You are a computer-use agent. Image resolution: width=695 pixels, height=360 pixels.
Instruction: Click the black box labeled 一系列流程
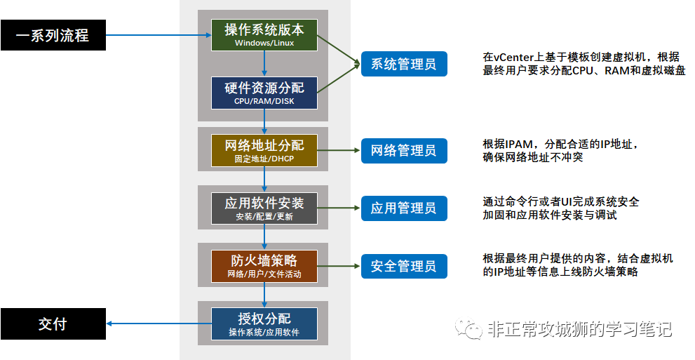pyautogui.click(x=53, y=35)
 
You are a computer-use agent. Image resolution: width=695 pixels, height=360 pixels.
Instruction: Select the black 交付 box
pyautogui.click(x=53, y=324)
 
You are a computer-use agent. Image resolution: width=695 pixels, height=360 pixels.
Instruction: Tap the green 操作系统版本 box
pyautogui.click(x=264, y=35)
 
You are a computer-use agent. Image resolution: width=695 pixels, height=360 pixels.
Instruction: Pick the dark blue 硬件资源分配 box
pyautogui.click(x=264, y=93)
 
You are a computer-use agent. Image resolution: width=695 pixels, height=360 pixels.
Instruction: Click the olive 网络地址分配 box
pyautogui.click(x=264, y=150)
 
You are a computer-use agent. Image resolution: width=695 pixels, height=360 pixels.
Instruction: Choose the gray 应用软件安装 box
pyautogui.click(x=264, y=208)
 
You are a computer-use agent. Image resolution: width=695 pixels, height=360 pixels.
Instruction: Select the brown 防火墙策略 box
pyautogui.click(x=264, y=266)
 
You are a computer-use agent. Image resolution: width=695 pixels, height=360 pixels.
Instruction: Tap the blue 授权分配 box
pyautogui.click(x=264, y=324)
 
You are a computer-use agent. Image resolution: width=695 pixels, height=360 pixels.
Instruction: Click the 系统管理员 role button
pyautogui.click(x=404, y=65)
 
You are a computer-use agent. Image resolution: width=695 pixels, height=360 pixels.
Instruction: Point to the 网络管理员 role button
pyautogui.click(x=404, y=150)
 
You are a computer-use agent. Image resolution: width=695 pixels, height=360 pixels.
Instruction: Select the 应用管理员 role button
pyautogui.click(x=404, y=208)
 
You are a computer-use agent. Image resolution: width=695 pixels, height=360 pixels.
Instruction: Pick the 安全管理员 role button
pyautogui.click(x=404, y=266)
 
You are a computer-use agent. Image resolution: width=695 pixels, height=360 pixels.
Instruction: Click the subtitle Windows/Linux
pyautogui.click(x=264, y=44)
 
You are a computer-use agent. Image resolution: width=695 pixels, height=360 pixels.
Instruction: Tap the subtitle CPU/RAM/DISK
pyautogui.click(x=264, y=101)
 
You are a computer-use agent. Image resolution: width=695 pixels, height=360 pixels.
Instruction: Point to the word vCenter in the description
pyautogui.click(x=511, y=57)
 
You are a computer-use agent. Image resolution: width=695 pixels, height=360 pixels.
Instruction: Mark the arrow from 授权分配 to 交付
pyautogui.click(x=158, y=324)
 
